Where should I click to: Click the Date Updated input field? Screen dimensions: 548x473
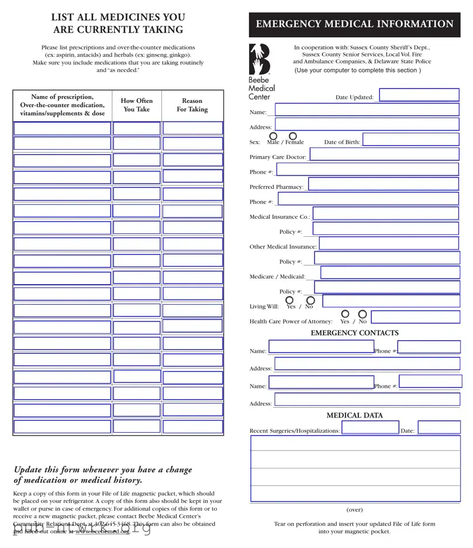(419, 95)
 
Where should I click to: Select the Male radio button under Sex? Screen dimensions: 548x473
(273, 136)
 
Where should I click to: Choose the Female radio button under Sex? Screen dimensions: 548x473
(293, 136)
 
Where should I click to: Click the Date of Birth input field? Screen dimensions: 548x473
(410, 140)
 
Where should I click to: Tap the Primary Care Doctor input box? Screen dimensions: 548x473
(385, 154)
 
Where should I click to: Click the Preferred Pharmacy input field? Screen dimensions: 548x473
(384, 184)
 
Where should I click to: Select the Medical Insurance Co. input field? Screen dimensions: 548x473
(386, 214)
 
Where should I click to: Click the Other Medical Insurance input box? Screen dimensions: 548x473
(389, 244)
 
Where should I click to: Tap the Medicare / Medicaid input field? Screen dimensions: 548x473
(390, 273)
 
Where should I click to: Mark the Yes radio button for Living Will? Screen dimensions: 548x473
(289, 300)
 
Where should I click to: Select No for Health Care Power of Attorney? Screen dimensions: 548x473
(362, 315)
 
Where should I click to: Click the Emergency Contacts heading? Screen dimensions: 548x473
(354, 333)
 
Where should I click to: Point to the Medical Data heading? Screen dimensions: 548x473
(354, 416)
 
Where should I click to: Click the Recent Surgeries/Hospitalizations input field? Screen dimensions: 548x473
(370, 428)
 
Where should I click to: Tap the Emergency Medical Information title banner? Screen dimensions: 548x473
(354, 25)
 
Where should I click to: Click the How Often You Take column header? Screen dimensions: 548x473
(136, 105)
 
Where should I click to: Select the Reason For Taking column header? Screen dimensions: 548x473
(192, 105)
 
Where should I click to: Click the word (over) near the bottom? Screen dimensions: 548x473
(354, 510)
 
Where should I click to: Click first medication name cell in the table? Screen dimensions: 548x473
(62, 129)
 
